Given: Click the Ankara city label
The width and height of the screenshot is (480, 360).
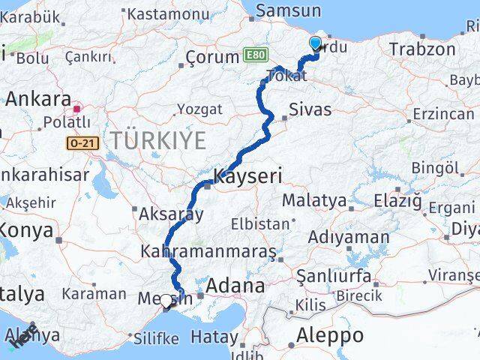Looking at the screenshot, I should (38, 99).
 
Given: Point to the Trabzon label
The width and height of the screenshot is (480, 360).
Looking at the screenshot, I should (422, 49).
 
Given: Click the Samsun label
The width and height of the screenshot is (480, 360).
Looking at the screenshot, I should (289, 10).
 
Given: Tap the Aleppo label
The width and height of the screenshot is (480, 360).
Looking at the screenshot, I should (330, 334).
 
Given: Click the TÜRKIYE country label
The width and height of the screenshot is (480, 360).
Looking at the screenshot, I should (158, 139).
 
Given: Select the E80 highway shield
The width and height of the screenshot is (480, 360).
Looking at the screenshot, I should (254, 55).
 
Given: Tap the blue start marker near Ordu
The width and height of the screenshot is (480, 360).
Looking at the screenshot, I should (315, 43).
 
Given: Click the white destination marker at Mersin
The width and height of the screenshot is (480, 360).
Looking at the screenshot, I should (166, 301).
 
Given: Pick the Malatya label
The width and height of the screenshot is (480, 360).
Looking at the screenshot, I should (314, 201).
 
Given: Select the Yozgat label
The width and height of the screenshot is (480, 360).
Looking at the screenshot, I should (200, 109).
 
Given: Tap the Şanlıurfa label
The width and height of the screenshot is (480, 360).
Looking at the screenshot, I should (334, 275).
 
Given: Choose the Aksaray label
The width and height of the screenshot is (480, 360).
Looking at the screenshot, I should (171, 214).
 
